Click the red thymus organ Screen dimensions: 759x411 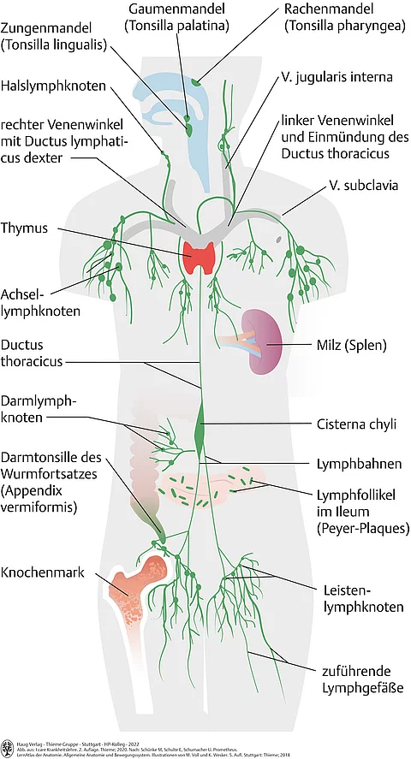point(202,256)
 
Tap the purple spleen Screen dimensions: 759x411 point(260,343)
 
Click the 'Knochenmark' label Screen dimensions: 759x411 point(43,572)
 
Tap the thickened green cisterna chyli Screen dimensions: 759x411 point(201,425)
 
